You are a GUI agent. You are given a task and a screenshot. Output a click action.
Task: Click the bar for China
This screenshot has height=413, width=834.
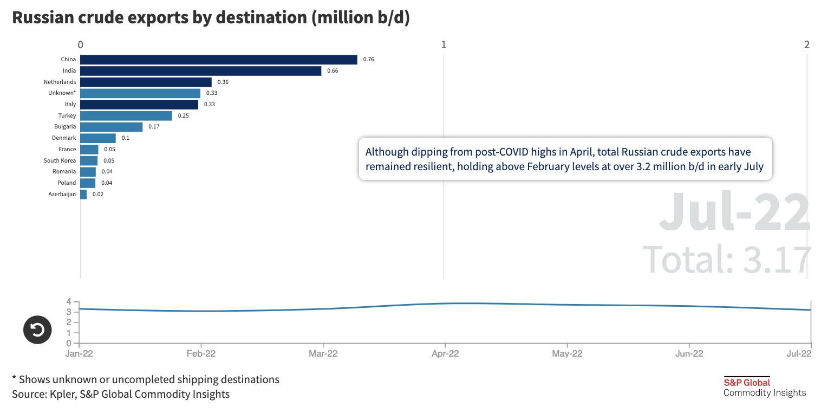point(218,60)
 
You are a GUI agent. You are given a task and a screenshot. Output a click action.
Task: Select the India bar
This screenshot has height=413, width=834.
point(200,70)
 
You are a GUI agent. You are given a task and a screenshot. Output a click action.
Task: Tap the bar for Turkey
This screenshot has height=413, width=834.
point(126,115)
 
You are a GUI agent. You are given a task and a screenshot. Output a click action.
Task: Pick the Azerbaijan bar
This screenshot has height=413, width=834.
point(83,194)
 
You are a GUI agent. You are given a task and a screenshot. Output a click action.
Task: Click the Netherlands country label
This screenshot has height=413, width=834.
point(60,82)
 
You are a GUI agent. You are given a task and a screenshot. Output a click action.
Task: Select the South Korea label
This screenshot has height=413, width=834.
point(60,160)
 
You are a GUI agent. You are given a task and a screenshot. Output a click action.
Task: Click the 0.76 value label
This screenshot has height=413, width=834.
point(368,60)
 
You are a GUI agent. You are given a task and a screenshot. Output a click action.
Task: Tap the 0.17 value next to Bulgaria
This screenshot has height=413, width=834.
point(154,127)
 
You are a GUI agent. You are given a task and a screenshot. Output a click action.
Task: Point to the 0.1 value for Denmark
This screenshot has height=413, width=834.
point(125,138)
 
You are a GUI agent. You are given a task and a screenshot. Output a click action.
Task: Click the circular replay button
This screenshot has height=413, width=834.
point(37,330)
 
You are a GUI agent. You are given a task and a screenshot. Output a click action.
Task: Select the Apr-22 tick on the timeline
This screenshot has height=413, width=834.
point(445,353)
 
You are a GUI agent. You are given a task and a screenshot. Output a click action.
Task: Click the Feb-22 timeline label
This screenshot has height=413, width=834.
point(201,353)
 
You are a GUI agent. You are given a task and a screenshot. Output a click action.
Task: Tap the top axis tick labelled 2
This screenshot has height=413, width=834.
point(807,45)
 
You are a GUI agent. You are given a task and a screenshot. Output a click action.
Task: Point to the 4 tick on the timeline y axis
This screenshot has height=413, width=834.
point(69,301)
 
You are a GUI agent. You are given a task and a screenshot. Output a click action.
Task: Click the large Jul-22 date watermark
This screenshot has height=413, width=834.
point(734,212)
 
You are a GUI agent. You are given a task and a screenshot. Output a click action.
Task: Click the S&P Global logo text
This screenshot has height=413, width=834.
point(747,382)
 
